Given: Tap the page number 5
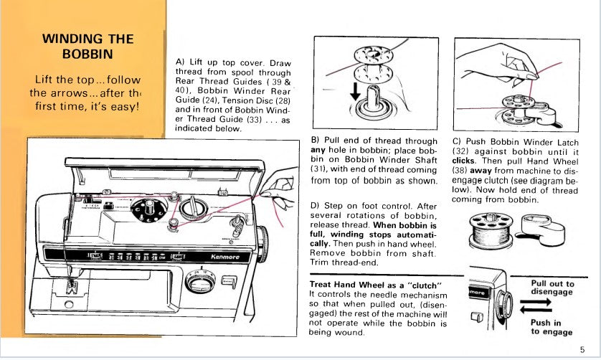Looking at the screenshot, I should (582, 349).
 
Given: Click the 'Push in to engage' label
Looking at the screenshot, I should (552, 327).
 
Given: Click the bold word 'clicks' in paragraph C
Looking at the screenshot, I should (465, 161).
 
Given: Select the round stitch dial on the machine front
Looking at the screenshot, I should (199, 284).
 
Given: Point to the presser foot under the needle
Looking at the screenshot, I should (70, 290).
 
